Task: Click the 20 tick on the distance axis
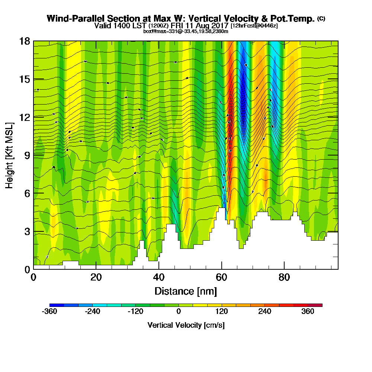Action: pos(96,277)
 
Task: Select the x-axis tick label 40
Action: pos(159,277)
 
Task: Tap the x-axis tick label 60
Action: pos(222,277)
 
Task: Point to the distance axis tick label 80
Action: pos(285,277)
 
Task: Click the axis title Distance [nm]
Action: pos(186,291)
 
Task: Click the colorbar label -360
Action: pos(49,312)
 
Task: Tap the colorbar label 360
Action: pos(308,312)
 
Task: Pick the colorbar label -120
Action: pos(135,312)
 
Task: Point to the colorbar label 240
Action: pos(265,312)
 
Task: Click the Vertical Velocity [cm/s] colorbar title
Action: pos(186,325)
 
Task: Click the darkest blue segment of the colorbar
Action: pos(57,305)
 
